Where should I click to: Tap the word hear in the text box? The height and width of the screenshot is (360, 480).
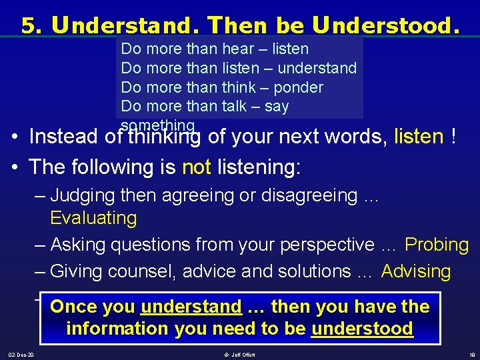(x=239, y=49)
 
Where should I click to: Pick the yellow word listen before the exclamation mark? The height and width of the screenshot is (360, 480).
(x=419, y=137)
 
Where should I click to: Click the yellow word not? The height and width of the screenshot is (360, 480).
(x=196, y=167)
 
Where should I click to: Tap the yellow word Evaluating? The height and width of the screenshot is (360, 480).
(x=93, y=218)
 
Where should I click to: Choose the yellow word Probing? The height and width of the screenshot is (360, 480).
(x=437, y=245)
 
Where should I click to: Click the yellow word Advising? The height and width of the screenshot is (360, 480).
(x=416, y=271)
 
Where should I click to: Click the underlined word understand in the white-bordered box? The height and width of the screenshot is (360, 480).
(x=191, y=307)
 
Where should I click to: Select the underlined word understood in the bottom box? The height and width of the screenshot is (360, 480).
(x=362, y=329)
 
